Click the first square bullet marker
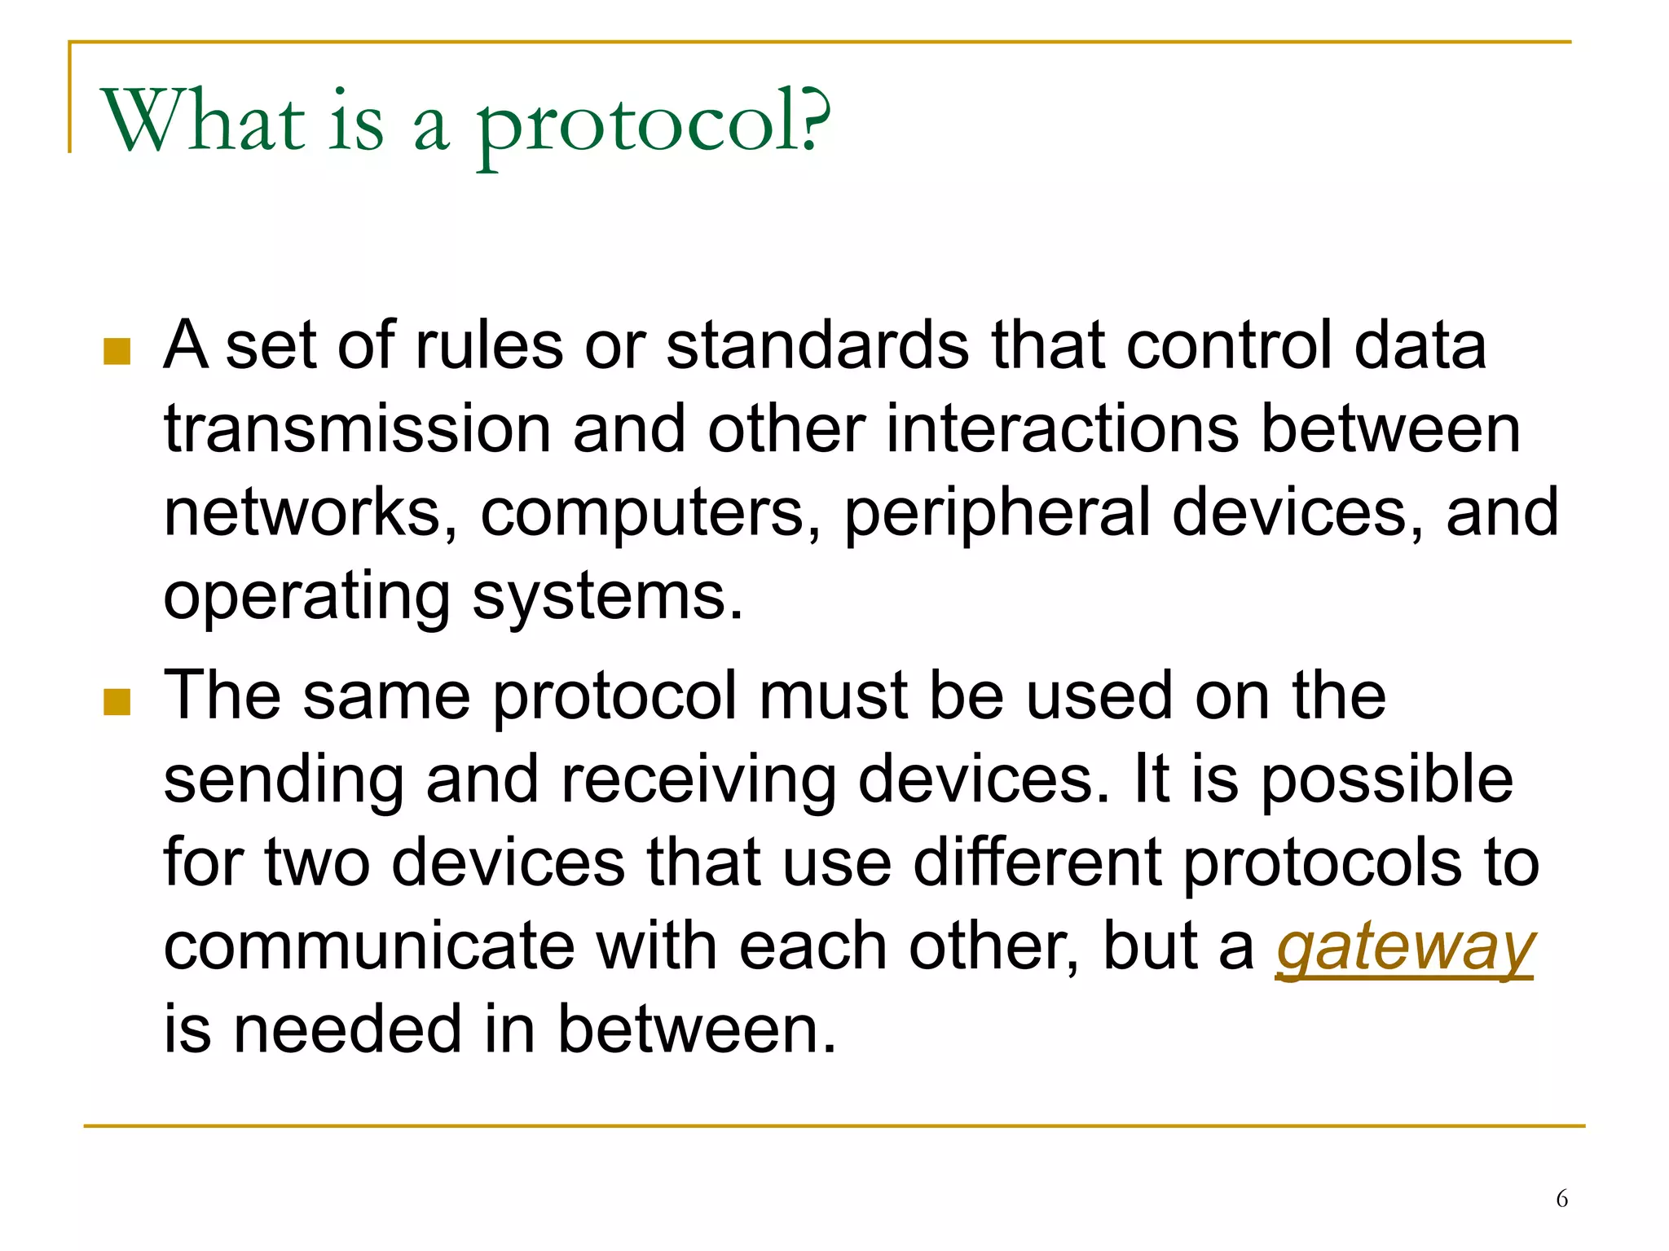coord(117,352)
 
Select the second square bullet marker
coord(117,701)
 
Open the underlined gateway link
coord(1405,947)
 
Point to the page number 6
coord(1561,1199)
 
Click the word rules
coord(488,345)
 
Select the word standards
coord(817,345)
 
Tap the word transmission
coord(358,429)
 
